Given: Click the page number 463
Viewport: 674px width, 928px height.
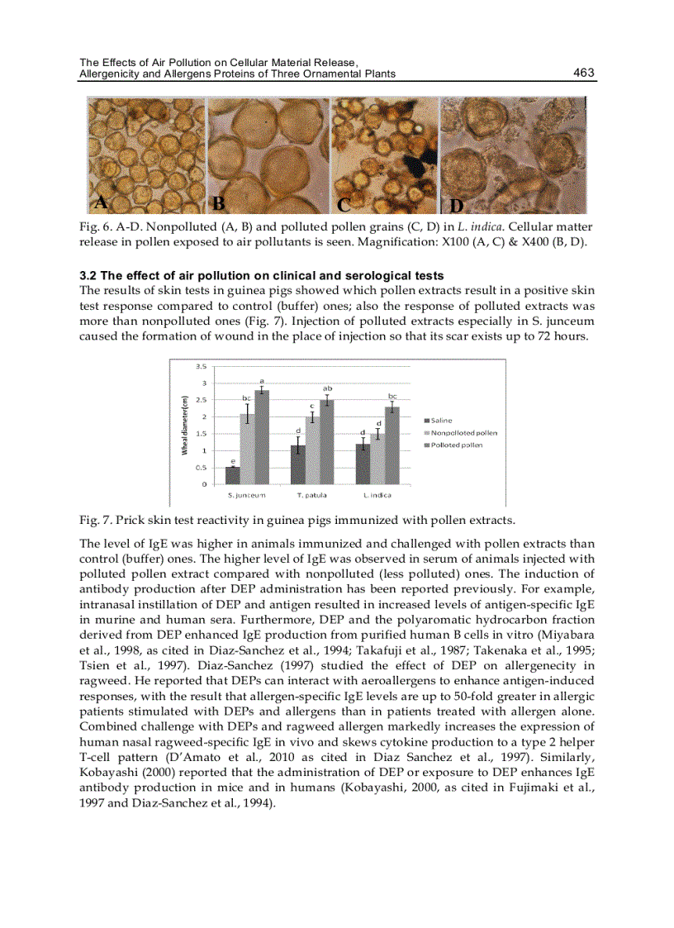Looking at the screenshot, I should coord(583,73).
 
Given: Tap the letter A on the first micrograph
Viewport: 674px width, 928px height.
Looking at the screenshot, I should coord(100,202).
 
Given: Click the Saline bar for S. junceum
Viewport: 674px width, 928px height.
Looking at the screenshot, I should coord(232,475).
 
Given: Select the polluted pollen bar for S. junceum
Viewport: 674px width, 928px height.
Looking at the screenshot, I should coord(261,437).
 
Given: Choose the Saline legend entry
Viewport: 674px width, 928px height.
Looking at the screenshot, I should coord(441,421).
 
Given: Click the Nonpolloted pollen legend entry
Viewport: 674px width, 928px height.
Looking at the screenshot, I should coord(463,433).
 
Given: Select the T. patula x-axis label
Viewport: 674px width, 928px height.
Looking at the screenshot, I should coord(311,494).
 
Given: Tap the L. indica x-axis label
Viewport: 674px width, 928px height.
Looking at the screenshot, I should coord(377,494).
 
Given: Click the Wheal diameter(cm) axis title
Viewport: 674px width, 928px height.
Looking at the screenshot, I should coord(185,425).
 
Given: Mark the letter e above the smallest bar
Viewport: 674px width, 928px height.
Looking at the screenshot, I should coord(232,461).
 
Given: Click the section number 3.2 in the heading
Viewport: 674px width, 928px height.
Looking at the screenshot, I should coord(88,276).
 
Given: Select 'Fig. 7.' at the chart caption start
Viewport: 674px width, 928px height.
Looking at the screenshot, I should coord(95,520).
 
